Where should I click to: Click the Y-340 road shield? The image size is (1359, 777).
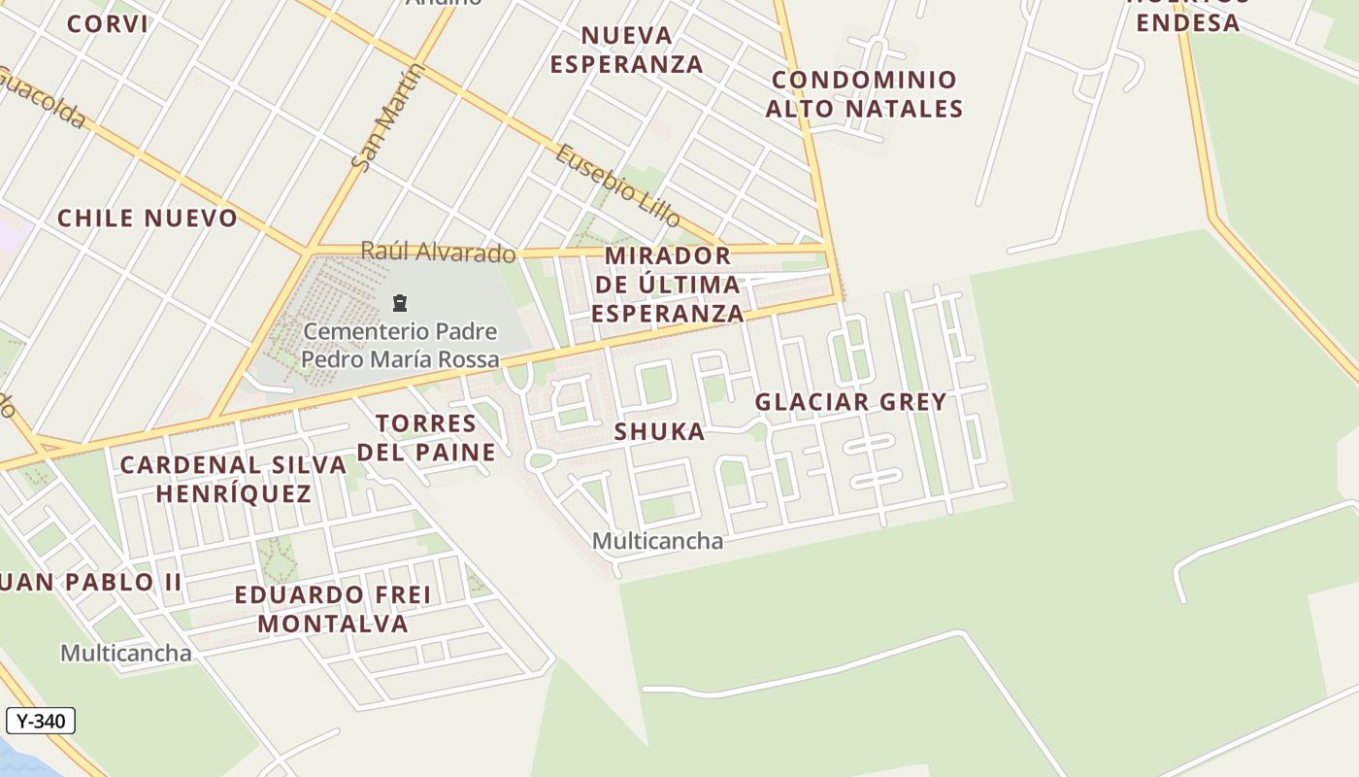pos(41,721)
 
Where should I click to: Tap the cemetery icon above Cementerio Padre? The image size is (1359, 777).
pos(399,303)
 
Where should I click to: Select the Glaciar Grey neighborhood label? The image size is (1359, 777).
pos(850,402)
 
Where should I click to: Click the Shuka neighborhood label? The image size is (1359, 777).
pos(660,432)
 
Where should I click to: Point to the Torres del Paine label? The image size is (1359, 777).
pos(427,438)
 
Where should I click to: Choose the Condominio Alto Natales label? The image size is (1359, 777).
pos(864,94)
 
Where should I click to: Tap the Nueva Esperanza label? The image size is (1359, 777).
pos(626,50)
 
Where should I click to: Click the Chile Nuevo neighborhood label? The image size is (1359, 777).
pos(148,219)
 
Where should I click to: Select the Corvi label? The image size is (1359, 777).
pos(108,24)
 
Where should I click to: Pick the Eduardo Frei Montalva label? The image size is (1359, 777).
pos(333,609)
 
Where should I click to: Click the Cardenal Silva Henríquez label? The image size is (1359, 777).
pos(233,479)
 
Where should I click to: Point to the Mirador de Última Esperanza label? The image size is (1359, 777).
pos(668,285)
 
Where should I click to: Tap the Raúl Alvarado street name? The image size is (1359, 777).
pos(438,253)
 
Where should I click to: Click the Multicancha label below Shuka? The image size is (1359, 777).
pos(658,541)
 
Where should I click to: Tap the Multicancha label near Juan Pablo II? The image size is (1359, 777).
pos(126,653)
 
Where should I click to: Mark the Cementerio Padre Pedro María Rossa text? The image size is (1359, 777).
pos(400,346)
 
